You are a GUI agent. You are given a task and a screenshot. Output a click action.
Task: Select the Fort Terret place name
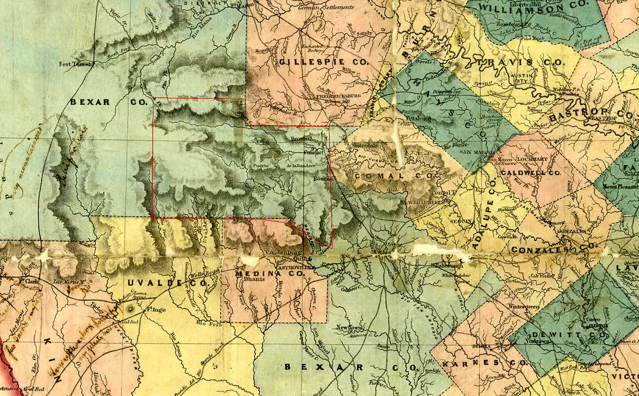coord(74,64)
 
